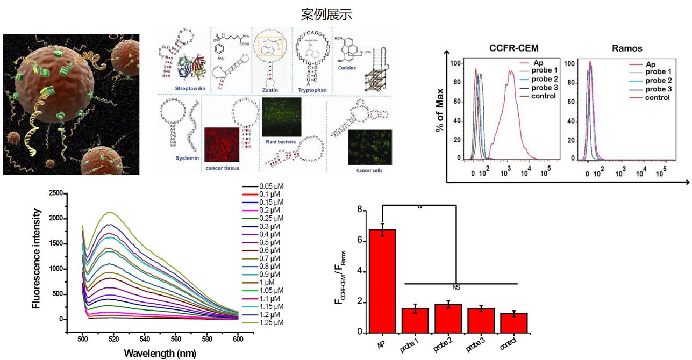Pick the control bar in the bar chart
[513, 323]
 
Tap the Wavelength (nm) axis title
[160, 354]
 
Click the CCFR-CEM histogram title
[513, 48]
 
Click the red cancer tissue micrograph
[222, 142]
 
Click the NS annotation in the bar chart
[456, 287]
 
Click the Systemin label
[187, 158]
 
